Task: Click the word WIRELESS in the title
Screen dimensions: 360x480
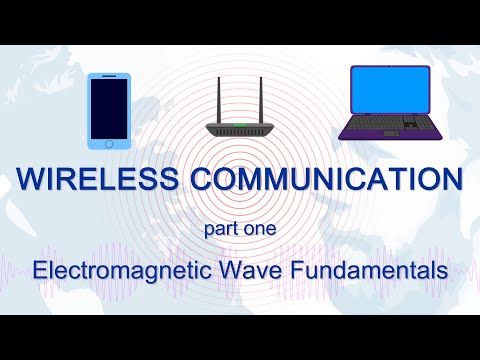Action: pos(93,181)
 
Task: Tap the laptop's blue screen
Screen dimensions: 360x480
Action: pos(390,91)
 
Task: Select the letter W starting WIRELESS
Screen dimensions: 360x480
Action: pos(31,181)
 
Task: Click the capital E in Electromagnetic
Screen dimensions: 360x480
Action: pos(38,269)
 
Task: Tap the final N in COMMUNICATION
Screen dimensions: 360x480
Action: pos(450,181)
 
